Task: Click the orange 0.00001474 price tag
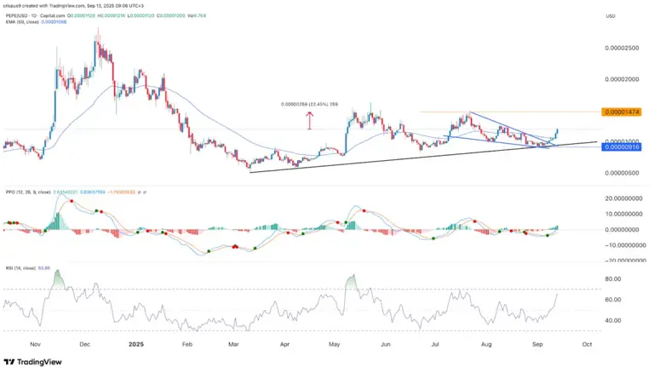click(x=622, y=112)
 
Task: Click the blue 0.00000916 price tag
click(x=622, y=147)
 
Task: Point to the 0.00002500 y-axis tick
click(x=622, y=49)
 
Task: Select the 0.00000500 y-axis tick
click(x=622, y=173)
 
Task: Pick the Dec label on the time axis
click(x=84, y=346)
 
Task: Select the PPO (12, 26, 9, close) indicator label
click(x=26, y=192)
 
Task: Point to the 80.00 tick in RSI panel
click(x=611, y=278)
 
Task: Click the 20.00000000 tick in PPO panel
click(x=622, y=198)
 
